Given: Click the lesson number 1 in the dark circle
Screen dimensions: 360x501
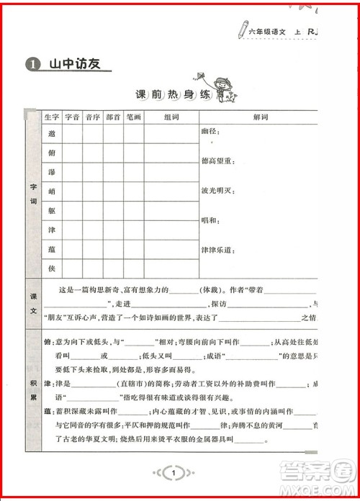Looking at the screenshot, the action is click(x=30, y=65).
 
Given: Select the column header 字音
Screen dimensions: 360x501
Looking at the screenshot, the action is click(x=72, y=117).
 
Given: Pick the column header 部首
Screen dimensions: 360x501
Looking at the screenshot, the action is click(x=113, y=117).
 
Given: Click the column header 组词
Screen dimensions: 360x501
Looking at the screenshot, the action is click(x=171, y=117).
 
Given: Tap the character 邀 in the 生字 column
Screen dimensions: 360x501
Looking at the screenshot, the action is click(x=52, y=134).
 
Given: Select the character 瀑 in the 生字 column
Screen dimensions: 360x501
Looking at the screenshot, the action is click(x=52, y=173).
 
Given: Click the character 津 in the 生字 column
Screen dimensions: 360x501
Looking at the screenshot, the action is click(x=52, y=230).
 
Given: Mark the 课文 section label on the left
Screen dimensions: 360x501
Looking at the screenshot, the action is click(x=32, y=300).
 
